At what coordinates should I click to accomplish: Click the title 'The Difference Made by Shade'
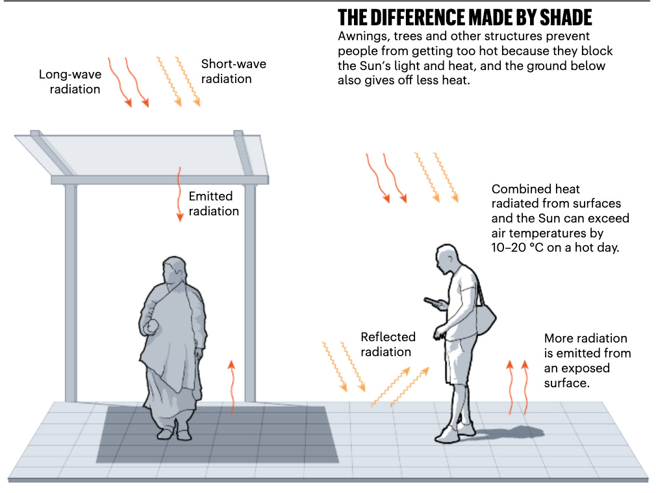point(465,17)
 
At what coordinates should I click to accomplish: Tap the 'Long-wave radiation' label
point(70,82)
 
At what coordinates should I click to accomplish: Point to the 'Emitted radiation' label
point(214,204)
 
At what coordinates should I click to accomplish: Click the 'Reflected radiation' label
point(388,344)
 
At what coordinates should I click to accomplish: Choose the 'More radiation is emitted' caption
point(586,361)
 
